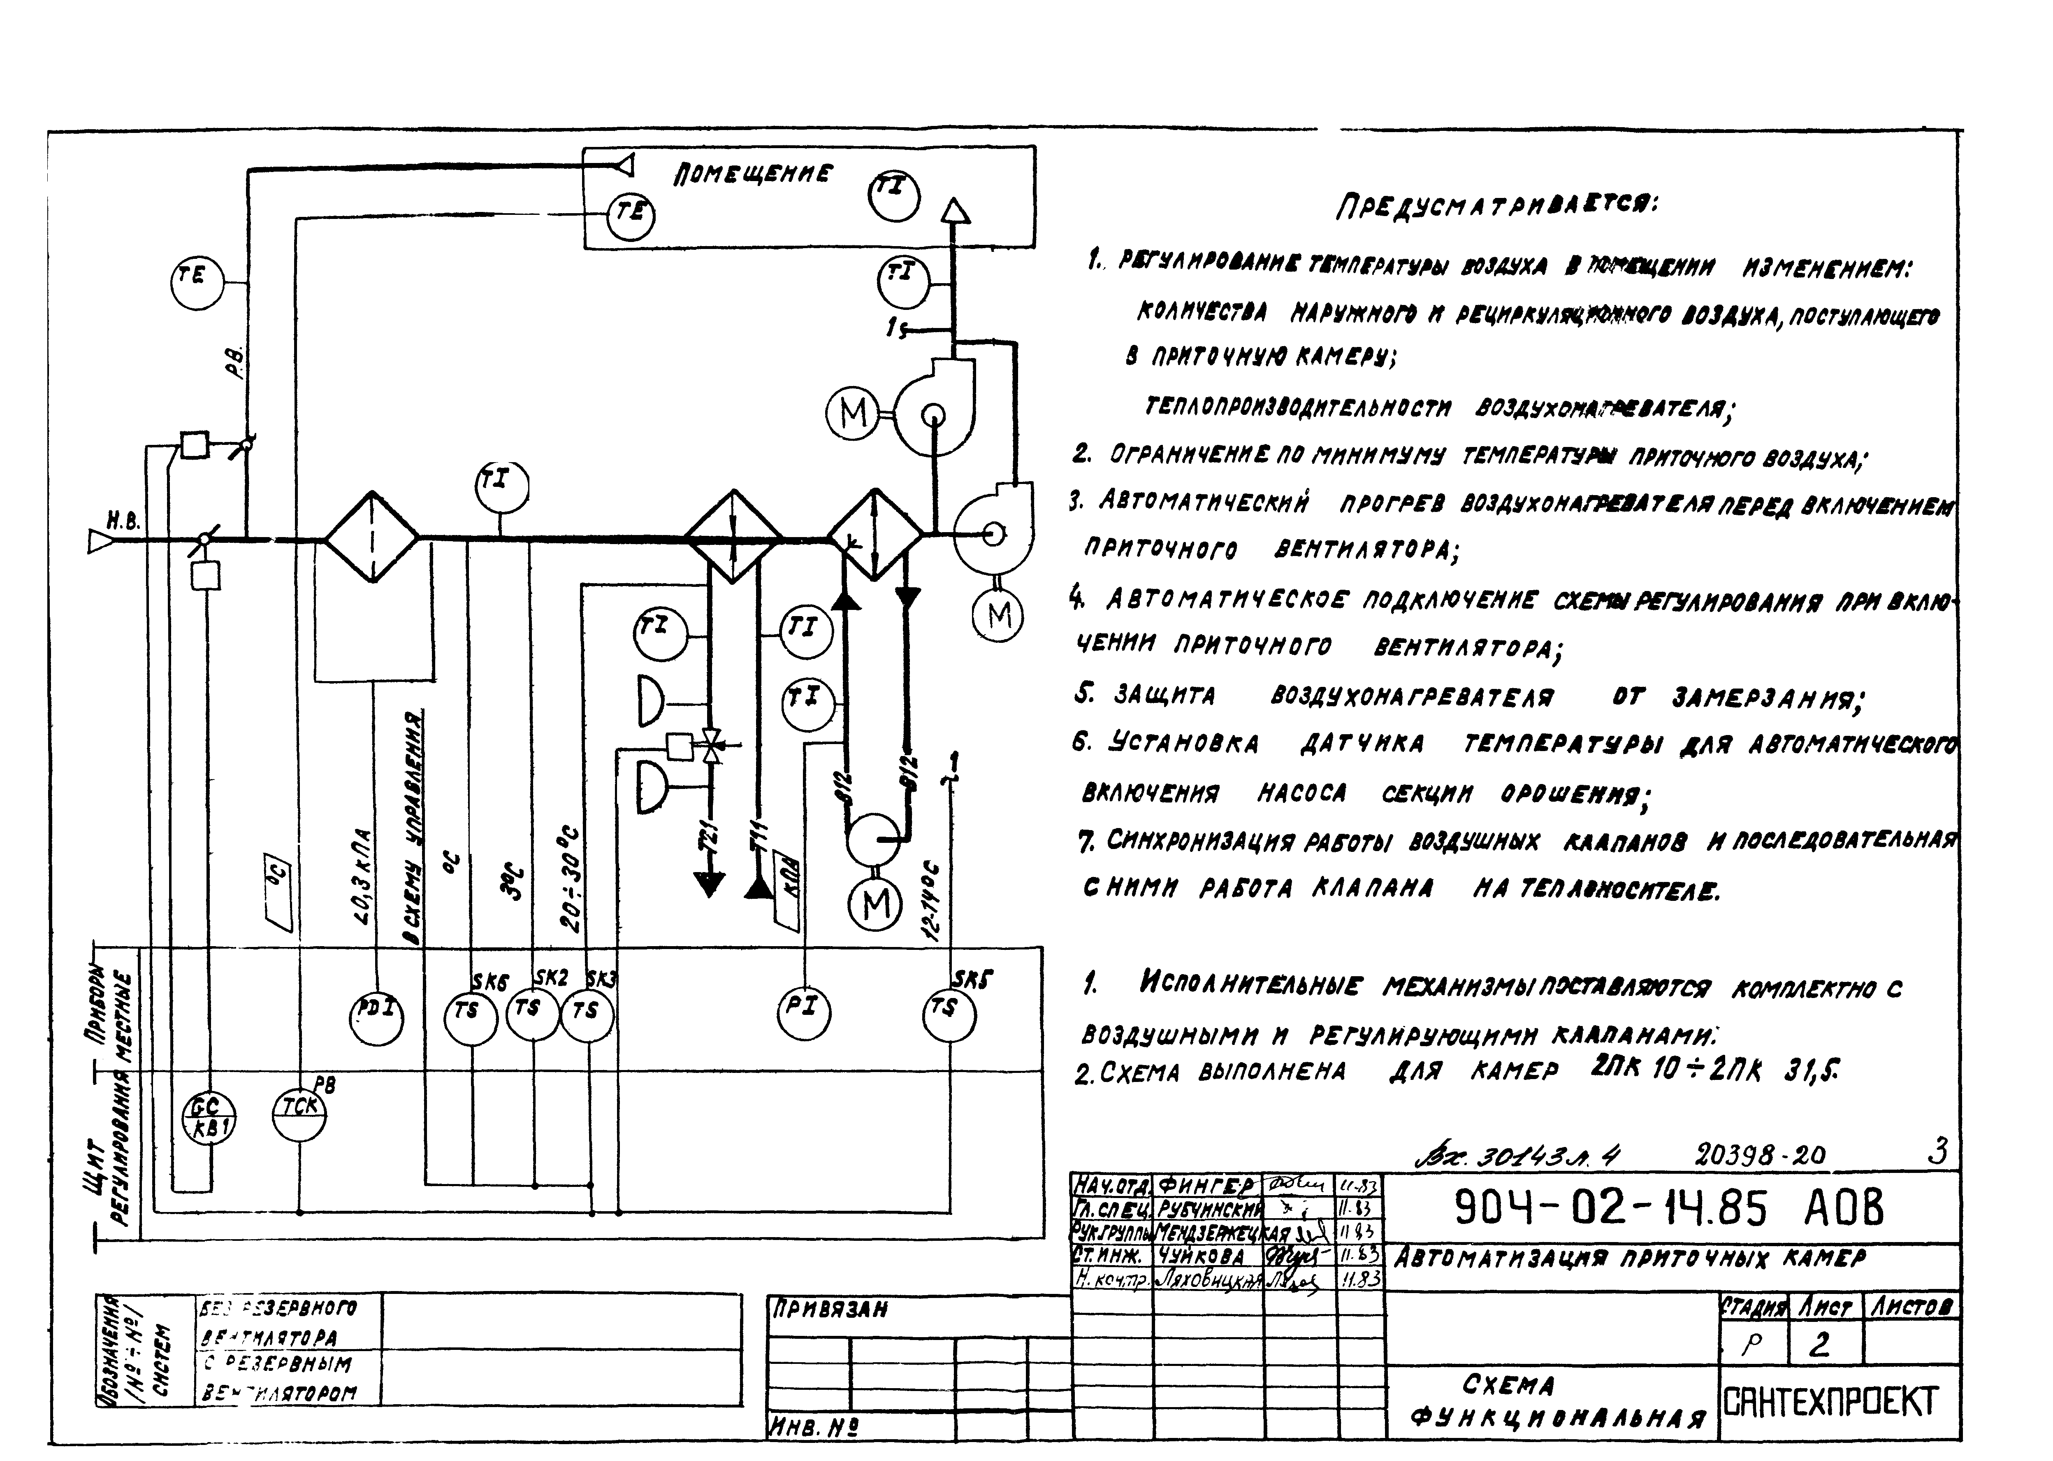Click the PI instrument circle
pos(804,1011)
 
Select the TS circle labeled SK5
pos(949,1015)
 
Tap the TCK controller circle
pos(299,1113)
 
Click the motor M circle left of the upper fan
pos(852,413)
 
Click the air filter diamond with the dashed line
pos(371,538)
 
